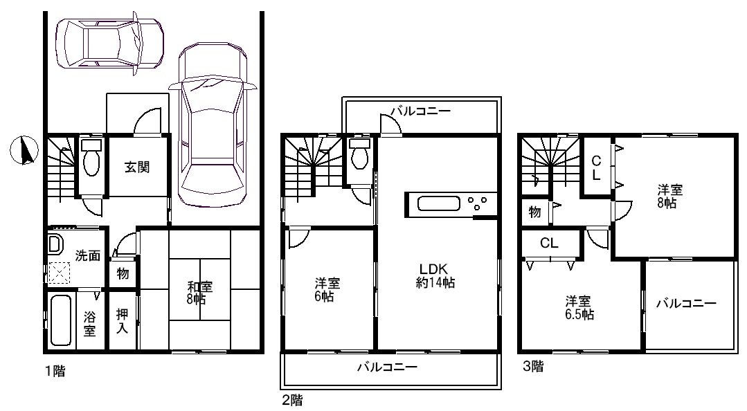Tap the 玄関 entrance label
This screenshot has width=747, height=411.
(x=137, y=167)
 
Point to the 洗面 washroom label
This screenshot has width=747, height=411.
(x=88, y=256)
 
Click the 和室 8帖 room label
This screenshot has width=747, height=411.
(x=199, y=293)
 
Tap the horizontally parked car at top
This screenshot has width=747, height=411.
(x=109, y=44)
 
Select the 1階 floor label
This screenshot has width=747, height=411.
(x=55, y=371)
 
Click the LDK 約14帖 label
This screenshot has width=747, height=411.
(x=435, y=275)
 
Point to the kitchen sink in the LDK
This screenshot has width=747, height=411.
(x=439, y=204)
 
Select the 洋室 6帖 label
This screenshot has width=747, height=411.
(x=327, y=290)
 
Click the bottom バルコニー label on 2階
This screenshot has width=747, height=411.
(x=387, y=367)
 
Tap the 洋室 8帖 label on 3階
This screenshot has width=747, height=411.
(x=670, y=197)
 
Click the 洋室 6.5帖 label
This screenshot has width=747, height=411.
(x=578, y=308)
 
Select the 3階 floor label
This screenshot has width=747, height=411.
(x=533, y=367)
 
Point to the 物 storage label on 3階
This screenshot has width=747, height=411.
(x=534, y=212)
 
